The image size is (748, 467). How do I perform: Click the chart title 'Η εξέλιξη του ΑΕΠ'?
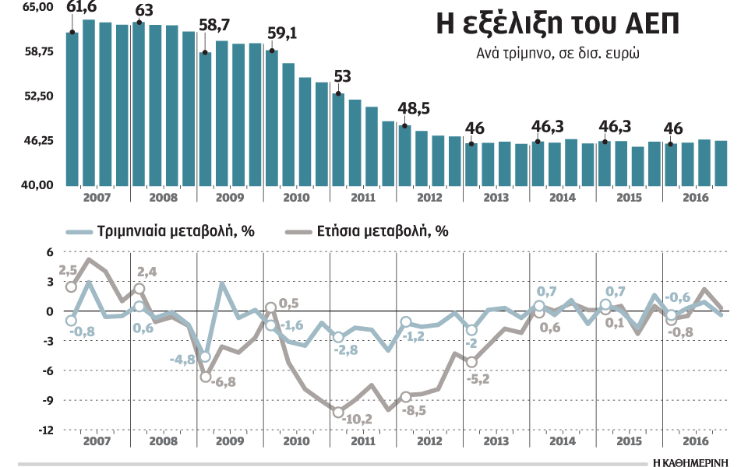tap(557, 26)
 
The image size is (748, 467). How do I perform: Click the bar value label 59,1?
tap(281, 34)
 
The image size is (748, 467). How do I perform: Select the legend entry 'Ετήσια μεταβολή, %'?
tap(382, 231)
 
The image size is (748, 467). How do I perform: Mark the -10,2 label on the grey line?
tap(358, 419)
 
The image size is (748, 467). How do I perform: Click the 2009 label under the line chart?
tap(229, 440)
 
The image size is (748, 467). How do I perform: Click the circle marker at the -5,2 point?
tap(471, 362)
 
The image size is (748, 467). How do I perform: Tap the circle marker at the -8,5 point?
tap(405, 397)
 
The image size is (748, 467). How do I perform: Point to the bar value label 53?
tap(343, 77)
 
